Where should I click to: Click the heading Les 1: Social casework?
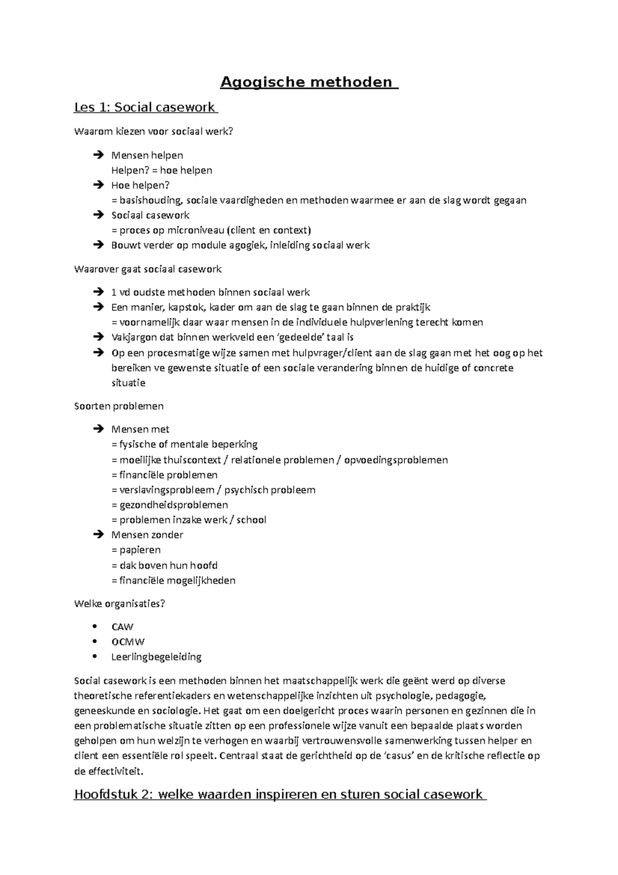(x=145, y=107)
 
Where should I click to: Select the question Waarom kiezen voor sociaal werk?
(x=153, y=131)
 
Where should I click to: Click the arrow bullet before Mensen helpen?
(x=99, y=155)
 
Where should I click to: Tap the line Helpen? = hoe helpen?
(x=161, y=170)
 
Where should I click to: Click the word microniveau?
(x=195, y=230)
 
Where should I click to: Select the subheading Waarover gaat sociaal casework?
(x=148, y=269)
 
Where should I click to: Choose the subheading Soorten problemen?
(x=119, y=406)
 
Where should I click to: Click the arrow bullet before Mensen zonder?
(x=99, y=535)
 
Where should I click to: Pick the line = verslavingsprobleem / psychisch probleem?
(x=213, y=490)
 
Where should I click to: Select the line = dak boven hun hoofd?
(x=164, y=565)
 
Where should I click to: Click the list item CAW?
(x=122, y=627)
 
